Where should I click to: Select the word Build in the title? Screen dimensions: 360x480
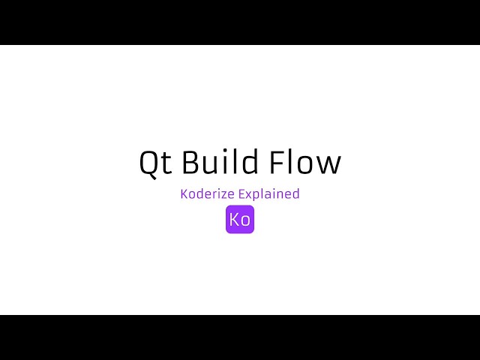pyautogui.click(x=220, y=163)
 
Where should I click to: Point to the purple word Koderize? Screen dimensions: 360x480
pyautogui.click(x=207, y=193)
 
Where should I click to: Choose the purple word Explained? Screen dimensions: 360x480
pyautogui.click(x=269, y=194)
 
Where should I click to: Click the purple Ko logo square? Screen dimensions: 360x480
pyautogui.click(x=240, y=220)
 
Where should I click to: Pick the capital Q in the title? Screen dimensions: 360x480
pyautogui.click(x=148, y=163)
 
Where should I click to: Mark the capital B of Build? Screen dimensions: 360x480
pyautogui.click(x=190, y=163)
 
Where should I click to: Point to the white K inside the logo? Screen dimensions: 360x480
pyautogui.click(x=235, y=220)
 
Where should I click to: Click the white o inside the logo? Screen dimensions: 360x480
pyautogui.click(x=245, y=221)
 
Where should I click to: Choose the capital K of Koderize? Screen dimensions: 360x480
pyautogui.click(x=184, y=193)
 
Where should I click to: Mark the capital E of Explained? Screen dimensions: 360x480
pyautogui.click(x=241, y=193)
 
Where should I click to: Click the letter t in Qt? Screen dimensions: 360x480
pyautogui.click(x=166, y=163)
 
